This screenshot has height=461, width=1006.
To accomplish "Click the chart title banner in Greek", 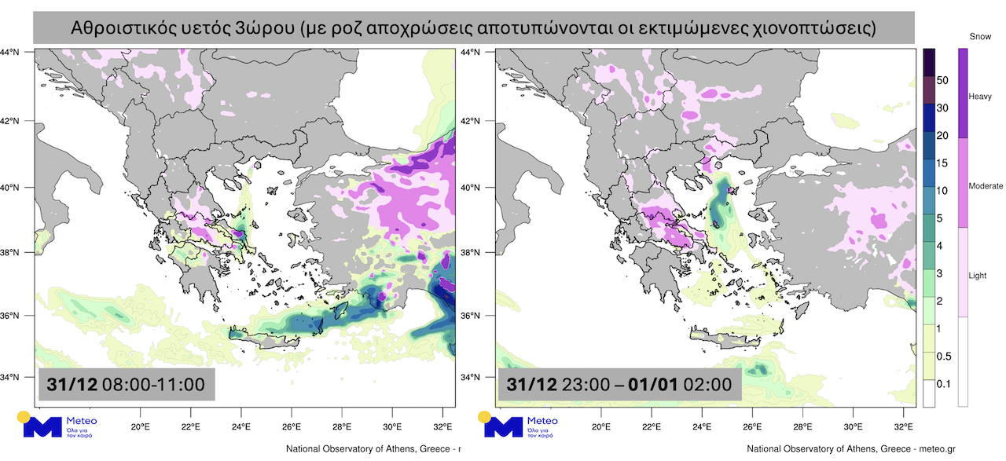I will pyautogui.click(x=474, y=29).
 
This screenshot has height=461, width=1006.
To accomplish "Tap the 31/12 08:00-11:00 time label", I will pyautogui.click(x=126, y=385).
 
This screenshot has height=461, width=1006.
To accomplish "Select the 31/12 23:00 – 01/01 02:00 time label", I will pyautogui.click(x=619, y=385).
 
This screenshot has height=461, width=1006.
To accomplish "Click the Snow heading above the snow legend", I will pyautogui.click(x=980, y=37).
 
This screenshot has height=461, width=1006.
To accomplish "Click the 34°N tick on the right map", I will pyautogui.click(x=481, y=377).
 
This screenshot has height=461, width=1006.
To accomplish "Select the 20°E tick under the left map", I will pyautogui.click(x=140, y=427).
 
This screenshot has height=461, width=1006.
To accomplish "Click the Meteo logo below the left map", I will pyautogui.click(x=59, y=424).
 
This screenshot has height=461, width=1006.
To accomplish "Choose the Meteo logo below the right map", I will pyautogui.click(x=520, y=424).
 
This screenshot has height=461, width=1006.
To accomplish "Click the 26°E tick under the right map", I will pyautogui.click(x=752, y=427).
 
